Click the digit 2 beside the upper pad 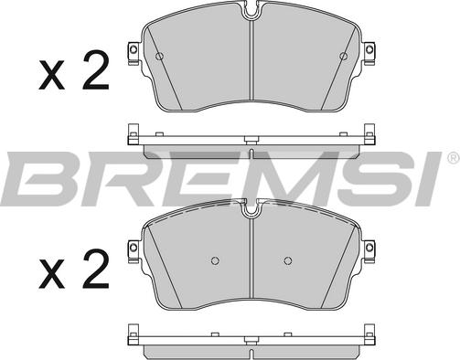pyautogui.click(x=96, y=69)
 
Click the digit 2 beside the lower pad pyautogui.click(x=96, y=269)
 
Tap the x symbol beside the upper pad pyautogui.click(x=51, y=75)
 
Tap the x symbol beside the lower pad pyautogui.click(x=51, y=274)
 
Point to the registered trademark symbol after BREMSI pyautogui.click(x=453, y=158)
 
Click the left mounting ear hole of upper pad pyautogui.click(x=133, y=48)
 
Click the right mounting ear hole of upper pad pyautogui.click(x=369, y=48)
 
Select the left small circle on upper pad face pyautogui.click(x=159, y=56)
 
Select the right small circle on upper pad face pyautogui.click(x=344, y=56)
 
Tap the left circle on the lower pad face pyautogui.click(x=215, y=260)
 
